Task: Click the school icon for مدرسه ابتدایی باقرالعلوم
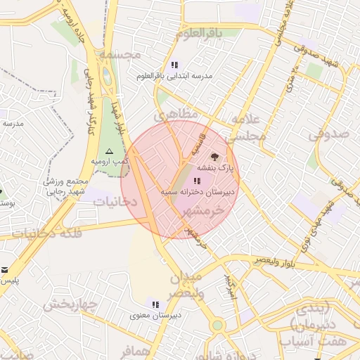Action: [x=174, y=65]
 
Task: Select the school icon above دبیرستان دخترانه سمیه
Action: [x=195, y=181]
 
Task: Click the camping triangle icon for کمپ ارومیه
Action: [x=108, y=151]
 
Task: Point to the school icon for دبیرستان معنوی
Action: [x=155, y=304]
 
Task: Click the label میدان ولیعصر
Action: [x=186, y=283]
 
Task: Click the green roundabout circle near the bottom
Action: [x=218, y=325]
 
